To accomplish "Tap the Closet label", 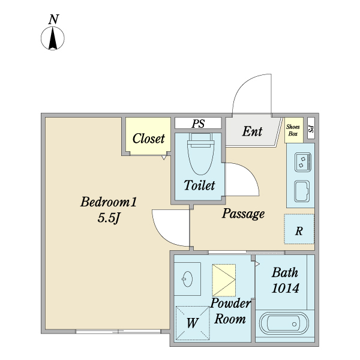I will (x=148, y=139).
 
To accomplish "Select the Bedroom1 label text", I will (x=109, y=203).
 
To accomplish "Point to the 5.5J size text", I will (x=110, y=219).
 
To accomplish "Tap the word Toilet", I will (x=199, y=186).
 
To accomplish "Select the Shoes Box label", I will (x=293, y=130).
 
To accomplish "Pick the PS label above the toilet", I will (x=198, y=124).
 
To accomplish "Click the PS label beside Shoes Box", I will (x=310, y=129).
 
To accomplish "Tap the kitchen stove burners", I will (x=301, y=161).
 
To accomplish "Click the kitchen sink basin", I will (x=301, y=191).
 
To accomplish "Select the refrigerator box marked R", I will (x=299, y=229).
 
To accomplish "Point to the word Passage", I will (x=243, y=214).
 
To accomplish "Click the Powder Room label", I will (x=230, y=311).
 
